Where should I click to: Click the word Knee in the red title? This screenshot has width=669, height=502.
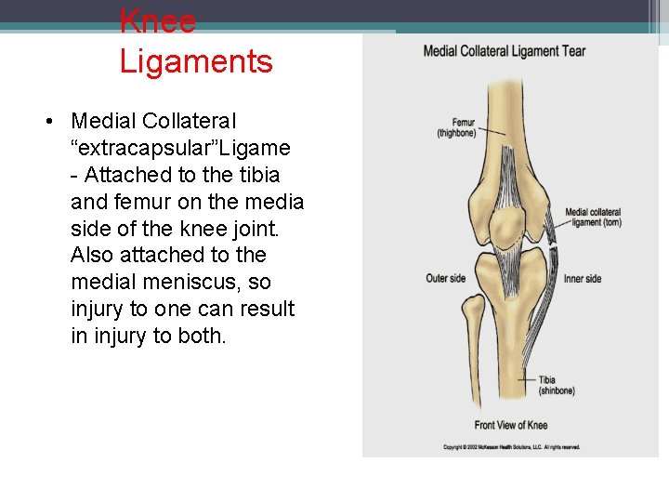pyautogui.click(x=158, y=20)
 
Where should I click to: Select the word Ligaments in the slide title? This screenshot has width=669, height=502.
pyautogui.click(x=196, y=61)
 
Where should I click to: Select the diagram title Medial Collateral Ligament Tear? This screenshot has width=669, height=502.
pyautogui.click(x=504, y=51)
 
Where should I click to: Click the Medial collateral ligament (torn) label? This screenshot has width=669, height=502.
pyautogui.click(x=593, y=218)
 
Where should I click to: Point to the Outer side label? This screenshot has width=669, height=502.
pyautogui.click(x=446, y=279)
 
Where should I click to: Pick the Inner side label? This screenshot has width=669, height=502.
pyautogui.click(x=583, y=279)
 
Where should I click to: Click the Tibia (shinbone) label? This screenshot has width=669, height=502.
pyautogui.click(x=557, y=385)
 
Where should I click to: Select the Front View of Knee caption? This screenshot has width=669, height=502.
pyautogui.click(x=510, y=425)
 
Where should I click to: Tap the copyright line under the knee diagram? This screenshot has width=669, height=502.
pyautogui.click(x=511, y=447)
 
